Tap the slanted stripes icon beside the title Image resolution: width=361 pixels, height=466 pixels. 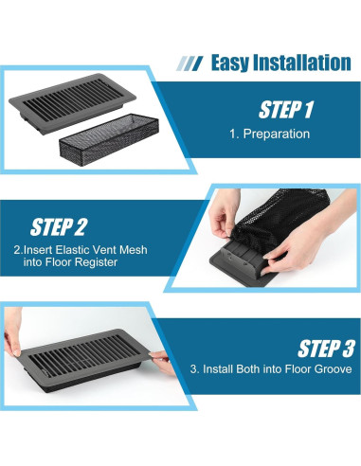click(190, 63)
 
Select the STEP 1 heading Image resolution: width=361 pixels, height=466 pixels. click(286, 110)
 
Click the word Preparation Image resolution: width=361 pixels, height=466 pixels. click(277, 134)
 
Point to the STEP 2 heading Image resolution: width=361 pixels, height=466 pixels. click(58, 227)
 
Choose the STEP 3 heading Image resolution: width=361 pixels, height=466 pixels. click(326, 349)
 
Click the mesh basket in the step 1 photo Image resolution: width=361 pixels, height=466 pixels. click(109, 137)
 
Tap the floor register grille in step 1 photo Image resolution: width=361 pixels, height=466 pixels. click(72, 102)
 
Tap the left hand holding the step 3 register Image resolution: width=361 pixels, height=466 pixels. click(12, 332)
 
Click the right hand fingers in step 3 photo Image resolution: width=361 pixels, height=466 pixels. click(163, 363)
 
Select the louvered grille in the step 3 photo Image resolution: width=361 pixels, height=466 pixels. click(82, 360)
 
